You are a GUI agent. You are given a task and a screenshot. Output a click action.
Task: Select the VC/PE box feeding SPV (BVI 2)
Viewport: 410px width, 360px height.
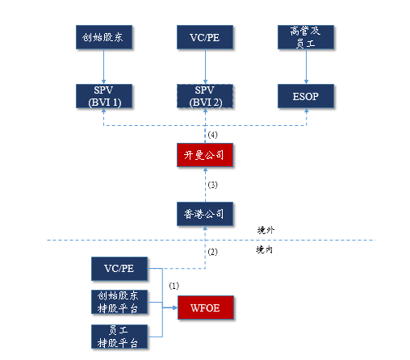[x=205, y=37]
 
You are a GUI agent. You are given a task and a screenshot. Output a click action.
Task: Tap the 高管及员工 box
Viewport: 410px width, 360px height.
[x=307, y=37]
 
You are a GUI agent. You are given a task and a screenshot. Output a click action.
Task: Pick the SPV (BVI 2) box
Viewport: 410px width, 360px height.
[x=205, y=95]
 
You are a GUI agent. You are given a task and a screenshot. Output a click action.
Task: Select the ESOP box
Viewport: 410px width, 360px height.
[x=307, y=95]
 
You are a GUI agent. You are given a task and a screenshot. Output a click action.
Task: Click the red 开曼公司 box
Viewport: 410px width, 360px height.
[x=206, y=154]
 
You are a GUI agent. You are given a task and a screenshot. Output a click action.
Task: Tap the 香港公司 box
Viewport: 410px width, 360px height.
[x=206, y=212]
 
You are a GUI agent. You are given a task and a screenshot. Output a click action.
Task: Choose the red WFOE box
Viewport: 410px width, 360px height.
[x=207, y=308]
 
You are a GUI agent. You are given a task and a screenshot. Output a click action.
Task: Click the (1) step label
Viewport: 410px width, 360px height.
[x=174, y=286]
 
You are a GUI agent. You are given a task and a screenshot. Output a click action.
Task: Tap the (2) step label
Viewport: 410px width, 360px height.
[x=214, y=252]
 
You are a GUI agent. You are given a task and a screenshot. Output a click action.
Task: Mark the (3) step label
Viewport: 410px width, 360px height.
[x=214, y=185]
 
